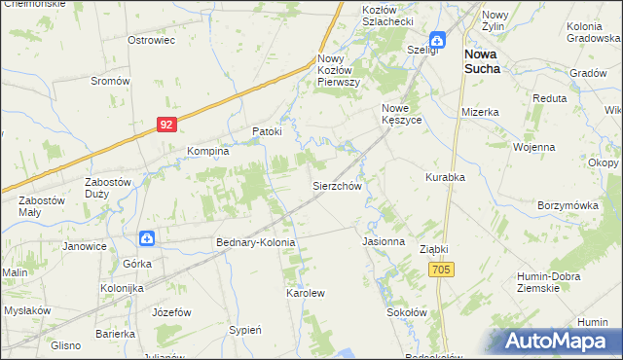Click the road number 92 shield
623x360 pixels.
[167, 125]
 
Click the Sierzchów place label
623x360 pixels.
[337, 185]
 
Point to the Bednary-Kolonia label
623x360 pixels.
[254, 241]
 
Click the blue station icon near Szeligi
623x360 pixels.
[438, 40]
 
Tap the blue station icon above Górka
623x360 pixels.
[145, 237]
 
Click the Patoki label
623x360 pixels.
[267, 131]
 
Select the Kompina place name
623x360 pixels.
[207, 152]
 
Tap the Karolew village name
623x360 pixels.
[304, 292]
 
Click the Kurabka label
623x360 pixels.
[445, 177]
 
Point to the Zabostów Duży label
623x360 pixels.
[108, 187]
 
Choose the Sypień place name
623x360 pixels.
[245, 330]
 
